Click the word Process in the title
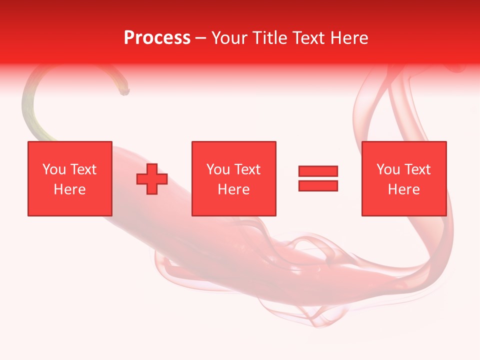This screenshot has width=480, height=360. [157, 38]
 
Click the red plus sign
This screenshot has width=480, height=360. [152, 179]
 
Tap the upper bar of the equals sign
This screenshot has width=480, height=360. [318, 171]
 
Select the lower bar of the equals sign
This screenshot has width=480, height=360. [318, 186]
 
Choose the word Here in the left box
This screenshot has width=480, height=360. [69, 189]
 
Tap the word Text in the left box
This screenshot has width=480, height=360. [82, 169]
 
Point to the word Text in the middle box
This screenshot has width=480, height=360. [247, 169]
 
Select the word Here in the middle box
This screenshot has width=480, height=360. [234, 189]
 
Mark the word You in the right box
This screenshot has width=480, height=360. [388, 169]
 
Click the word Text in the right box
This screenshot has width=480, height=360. [417, 169]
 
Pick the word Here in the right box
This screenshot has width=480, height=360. [404, 189]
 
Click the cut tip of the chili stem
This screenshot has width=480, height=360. [125, 91]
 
